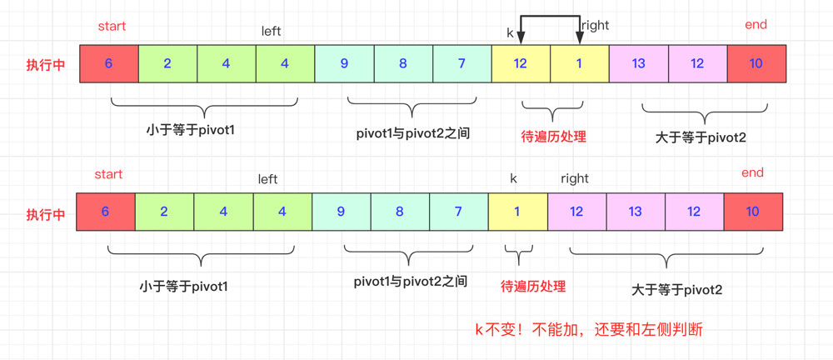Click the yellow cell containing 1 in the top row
(580, 63)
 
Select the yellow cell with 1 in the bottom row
(517, 212)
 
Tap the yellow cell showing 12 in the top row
(521, 63)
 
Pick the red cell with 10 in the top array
(756, 63)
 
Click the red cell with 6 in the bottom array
(105, 212)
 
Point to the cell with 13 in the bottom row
(635, 212)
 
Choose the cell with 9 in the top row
(344, 63)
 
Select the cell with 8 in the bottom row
(400, 212)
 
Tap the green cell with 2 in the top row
(167, 63)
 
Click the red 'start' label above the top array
(112, 26)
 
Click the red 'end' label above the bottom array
(752, 172)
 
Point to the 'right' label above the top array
(596, 25)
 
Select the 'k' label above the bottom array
(513, 178)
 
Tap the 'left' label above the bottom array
(267, 179)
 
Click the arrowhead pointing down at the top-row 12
(521, 38)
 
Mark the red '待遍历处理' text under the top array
(553, 136)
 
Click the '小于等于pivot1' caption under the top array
(190, 129)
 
